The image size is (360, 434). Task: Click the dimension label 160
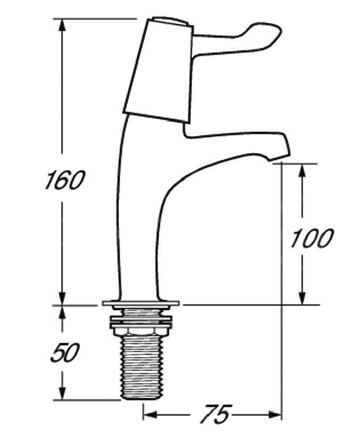click(x=64, y=180)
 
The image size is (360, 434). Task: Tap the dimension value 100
click(x=311, y=238)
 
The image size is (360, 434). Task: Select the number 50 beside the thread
click(x=65, y=353)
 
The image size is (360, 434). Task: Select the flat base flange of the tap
click(x=141, y=304)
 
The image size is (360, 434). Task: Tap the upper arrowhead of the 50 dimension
click(x=62, y=313)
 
